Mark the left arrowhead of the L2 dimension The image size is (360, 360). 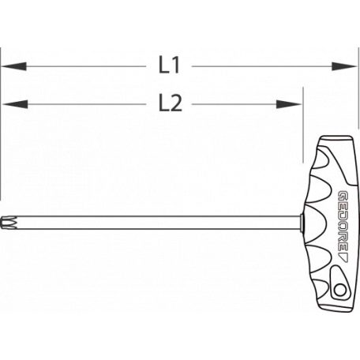9,104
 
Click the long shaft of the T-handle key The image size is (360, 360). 158,223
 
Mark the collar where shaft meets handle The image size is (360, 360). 302,223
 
